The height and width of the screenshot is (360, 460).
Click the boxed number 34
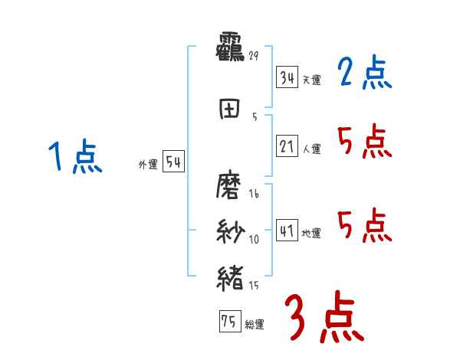(287, 77)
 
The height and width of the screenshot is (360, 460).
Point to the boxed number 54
(172, 162)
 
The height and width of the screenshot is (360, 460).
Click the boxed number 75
(228, 322)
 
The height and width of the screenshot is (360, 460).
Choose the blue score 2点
(365, 74)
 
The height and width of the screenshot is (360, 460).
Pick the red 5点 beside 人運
(365, 141)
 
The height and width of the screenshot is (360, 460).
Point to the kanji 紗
(231, 231)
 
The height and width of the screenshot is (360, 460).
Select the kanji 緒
(231, 277)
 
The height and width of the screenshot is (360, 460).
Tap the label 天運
(311, 80)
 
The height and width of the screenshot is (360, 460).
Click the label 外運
(147, 164)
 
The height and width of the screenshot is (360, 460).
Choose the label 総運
(255, 325)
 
